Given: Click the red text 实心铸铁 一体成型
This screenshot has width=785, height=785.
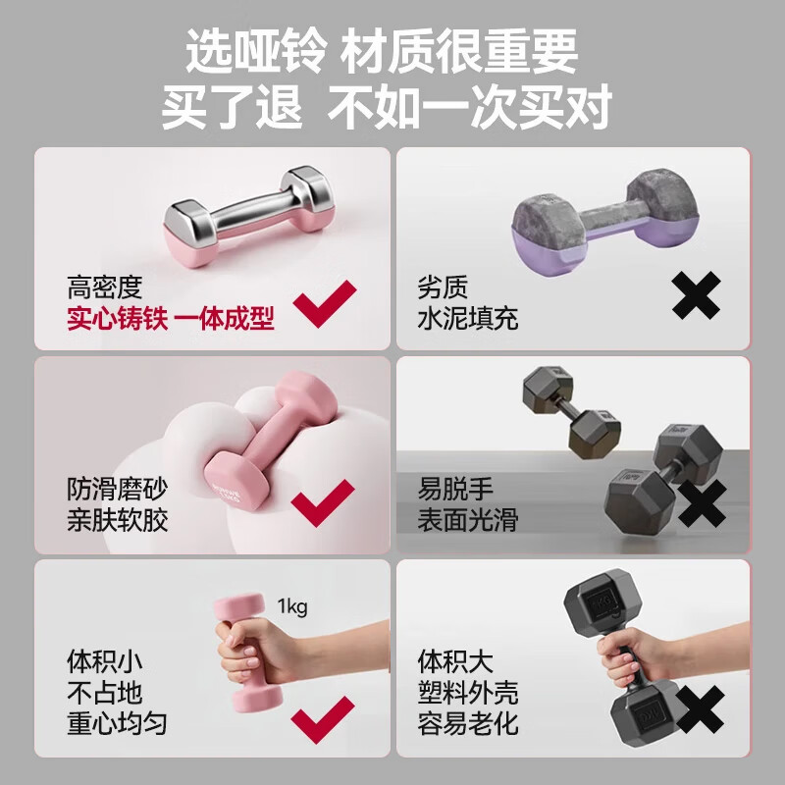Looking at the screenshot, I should click(x=171, y=319).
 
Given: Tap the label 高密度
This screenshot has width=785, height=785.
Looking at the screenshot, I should click(x=105, y=288).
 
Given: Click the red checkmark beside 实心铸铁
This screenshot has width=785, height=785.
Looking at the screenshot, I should click(x=327, y=302).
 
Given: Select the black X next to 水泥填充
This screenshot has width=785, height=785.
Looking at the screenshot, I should click(x=697, y=294).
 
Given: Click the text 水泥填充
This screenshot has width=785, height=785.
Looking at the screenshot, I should click(x=468, y=319).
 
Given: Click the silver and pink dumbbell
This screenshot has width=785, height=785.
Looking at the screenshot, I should click(x=248, y=219).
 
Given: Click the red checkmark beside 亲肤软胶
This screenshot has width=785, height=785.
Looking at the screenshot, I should click(x=324, y=503).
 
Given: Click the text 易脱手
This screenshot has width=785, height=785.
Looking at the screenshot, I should click(x=455, y=488).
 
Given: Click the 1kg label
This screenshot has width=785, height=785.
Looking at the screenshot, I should click(x=292, y=606).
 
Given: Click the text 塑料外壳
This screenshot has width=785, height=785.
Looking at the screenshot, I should click(x=468, y=692).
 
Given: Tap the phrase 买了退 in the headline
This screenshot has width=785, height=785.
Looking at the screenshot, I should click(x=232, y=106).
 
